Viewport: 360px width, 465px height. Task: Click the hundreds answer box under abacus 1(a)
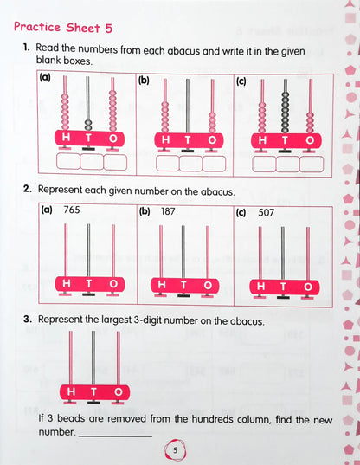67,161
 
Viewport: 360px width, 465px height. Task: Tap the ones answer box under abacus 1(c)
310,163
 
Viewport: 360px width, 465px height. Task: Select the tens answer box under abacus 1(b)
190,163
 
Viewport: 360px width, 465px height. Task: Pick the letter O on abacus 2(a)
113,283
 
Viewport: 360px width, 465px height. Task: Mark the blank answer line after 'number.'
114,434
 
